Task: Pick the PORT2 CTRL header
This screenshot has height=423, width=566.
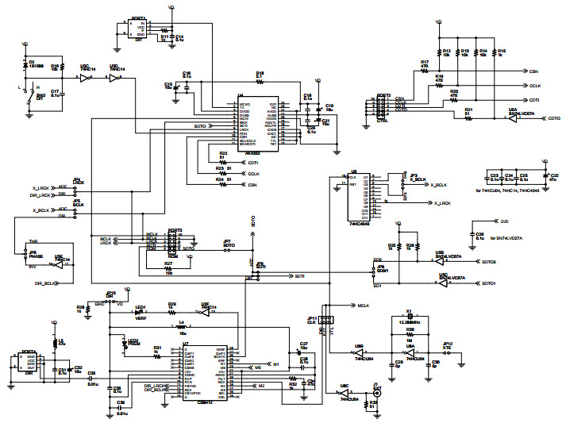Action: (384, 106)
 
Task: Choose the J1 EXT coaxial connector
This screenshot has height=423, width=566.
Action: (377, 394)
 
